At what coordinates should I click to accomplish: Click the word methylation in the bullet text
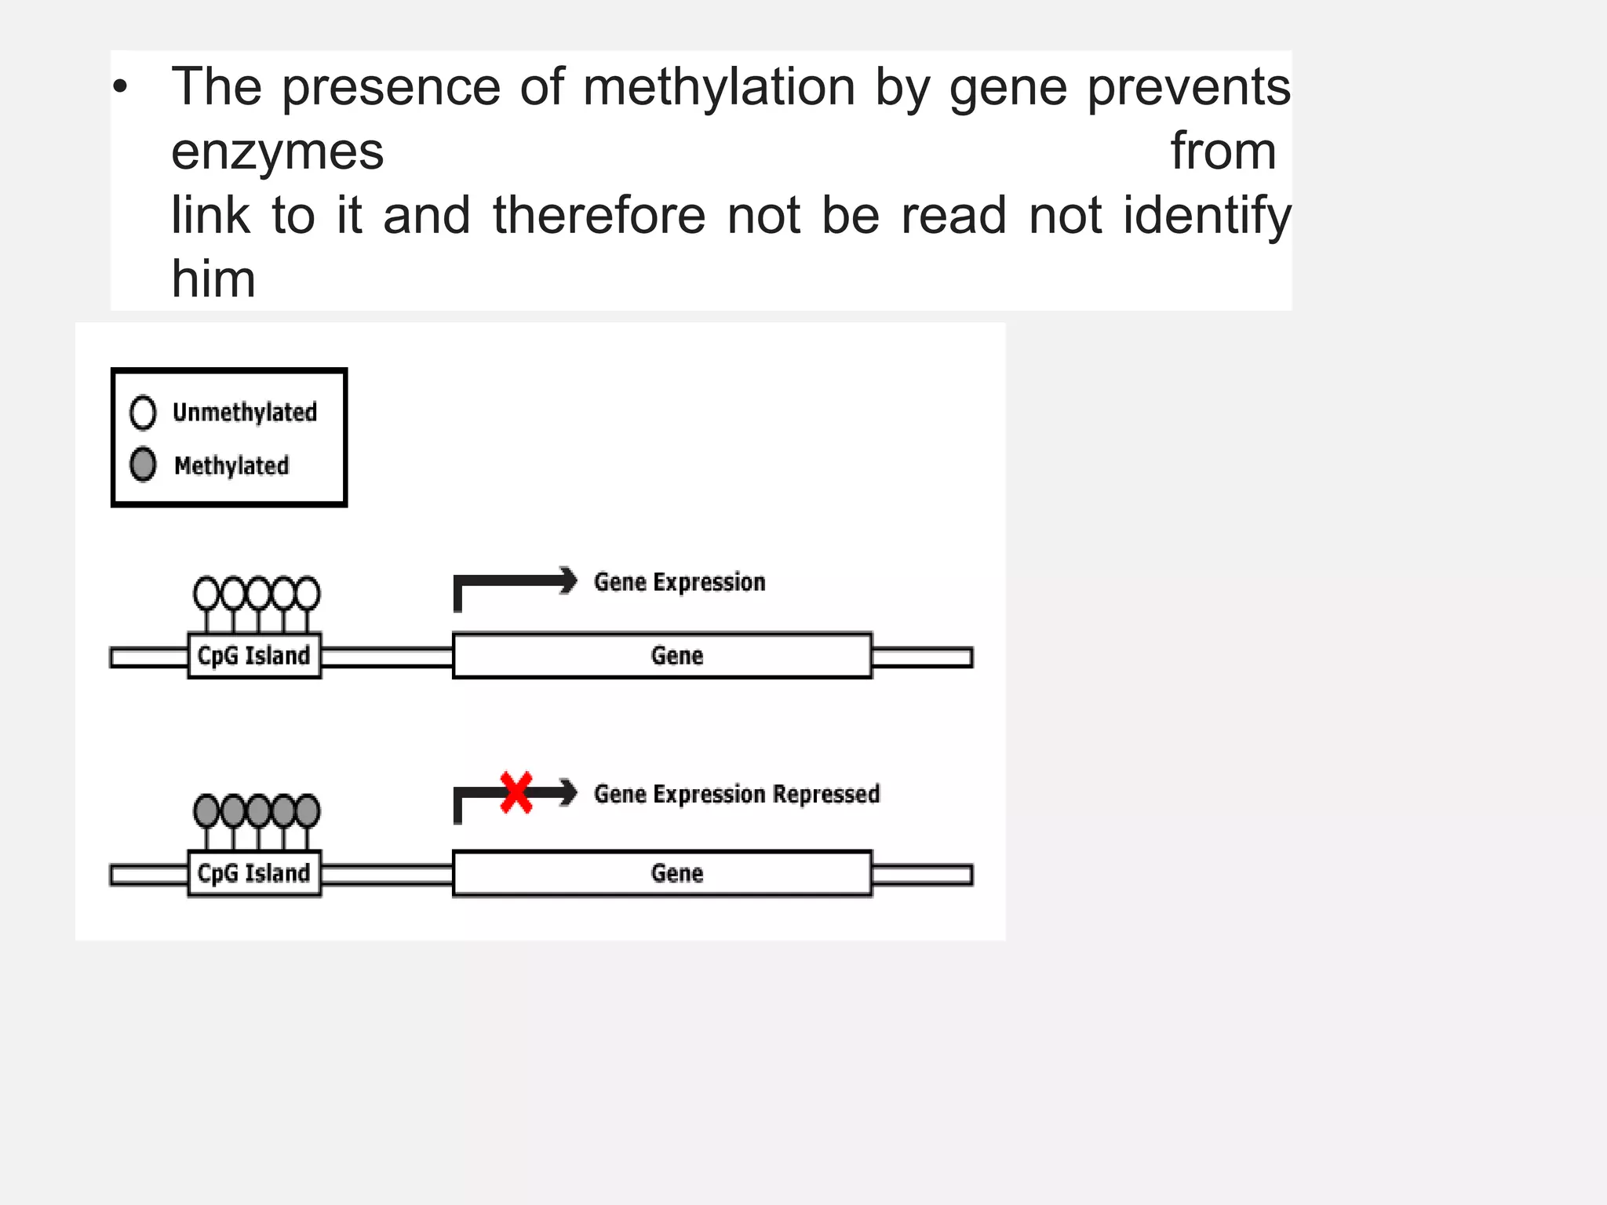(719, 88)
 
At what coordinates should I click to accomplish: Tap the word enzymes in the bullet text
(278, 151)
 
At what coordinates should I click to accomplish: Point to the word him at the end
(213, 279)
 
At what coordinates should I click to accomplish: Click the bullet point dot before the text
(119, 87)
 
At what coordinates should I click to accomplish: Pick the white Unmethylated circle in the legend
(143, 413)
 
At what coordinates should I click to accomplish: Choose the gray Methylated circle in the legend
(143, 464)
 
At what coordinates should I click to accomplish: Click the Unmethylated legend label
(245, 413)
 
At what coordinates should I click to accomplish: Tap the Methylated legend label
(231, 466)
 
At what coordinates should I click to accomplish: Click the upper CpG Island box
(254, 655)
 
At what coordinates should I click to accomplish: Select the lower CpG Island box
(254, 873)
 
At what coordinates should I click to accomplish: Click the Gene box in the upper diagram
(662, 656)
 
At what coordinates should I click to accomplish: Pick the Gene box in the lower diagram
(662, 873)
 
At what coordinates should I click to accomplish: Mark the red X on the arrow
(516, 792)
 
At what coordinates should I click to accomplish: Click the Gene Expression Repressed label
(737, 794)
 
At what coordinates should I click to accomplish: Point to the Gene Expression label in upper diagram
(680, 582)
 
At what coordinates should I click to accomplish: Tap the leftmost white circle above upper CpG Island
(206, 594)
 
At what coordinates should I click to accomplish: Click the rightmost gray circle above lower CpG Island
(308, 810)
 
